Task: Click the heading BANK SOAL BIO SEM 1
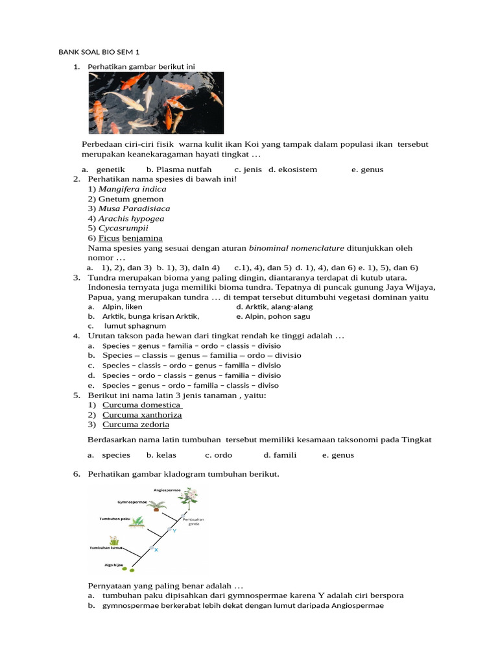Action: click(x=99, y=52)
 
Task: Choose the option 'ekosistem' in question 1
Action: click(x=293, y=169)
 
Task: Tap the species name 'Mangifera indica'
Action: click(x=132, y=189)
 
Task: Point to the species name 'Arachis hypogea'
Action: click(x=131, y=218)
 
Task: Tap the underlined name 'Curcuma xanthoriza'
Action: click(x=142, y=414)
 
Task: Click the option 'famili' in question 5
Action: click(x=280, y=455)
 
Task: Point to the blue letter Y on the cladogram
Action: click(x=174, y=531)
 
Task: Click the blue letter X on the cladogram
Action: click(x=156, y=550)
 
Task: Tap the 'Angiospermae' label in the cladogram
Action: click(x=167, y=490)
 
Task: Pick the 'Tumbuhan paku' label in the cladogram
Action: click(x=114, y=520)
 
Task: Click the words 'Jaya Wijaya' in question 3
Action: click(x=412, y=287)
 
